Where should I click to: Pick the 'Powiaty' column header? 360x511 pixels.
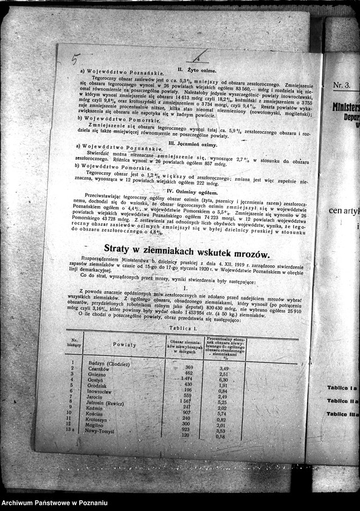click(x=125, y=344)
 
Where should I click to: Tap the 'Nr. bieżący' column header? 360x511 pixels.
click(x=75, y=343)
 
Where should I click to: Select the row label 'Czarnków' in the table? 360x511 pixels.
click(x=99, y=369)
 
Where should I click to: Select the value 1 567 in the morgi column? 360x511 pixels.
click(x=185, y=402)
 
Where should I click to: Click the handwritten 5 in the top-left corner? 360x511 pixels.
click(x=75, y=59)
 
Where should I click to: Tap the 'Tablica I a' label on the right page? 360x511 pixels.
click(x=342, y=388)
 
